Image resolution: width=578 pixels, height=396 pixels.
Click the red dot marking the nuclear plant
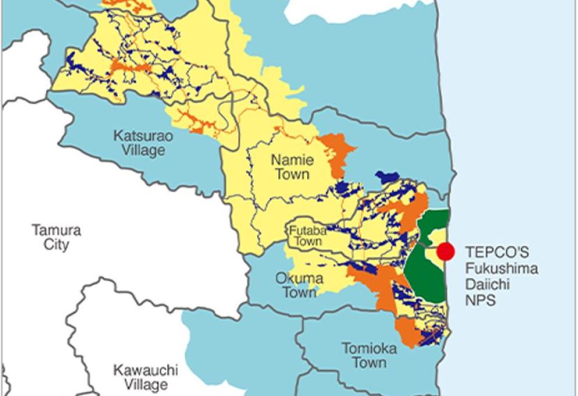coord(446,251)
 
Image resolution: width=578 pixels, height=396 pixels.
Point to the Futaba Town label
coord(305,235)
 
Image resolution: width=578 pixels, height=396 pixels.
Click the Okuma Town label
coord(299,285)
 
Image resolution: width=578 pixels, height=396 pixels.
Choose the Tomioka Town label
coord(369,355)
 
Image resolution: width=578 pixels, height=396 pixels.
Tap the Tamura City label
coord(57,237)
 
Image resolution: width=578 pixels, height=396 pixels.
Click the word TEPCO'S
coord(497,252)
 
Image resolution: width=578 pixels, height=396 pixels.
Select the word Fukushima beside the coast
coord(501,268)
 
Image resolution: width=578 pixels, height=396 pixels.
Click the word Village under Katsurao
coord(139,151)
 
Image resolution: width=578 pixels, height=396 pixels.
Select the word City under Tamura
coord(57,245)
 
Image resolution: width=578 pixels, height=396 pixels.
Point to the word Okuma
coord(299,278)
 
